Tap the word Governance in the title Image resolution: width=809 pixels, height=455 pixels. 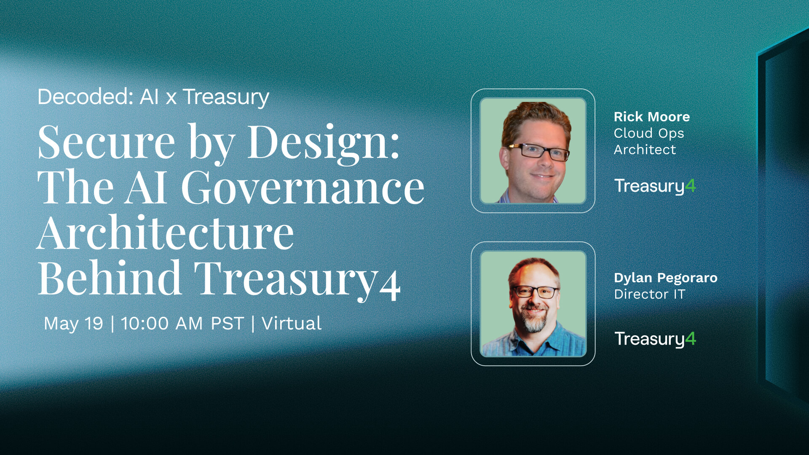[303, 188]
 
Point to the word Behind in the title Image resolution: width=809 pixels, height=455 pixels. [110, 279]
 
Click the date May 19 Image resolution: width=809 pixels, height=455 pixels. [73, 324]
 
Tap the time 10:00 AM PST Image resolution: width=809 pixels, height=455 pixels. [182, 324]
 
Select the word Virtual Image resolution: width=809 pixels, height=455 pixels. [292, 324]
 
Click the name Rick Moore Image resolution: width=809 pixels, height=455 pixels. [651, 117]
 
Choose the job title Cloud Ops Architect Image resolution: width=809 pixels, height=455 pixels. [648, 141]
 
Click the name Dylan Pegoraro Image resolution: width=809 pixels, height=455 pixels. [665, 278]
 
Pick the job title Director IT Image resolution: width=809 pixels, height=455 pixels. [649, 294]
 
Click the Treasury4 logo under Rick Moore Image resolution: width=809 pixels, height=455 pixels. [654, 186]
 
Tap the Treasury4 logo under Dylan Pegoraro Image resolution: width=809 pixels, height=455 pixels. [654, 339]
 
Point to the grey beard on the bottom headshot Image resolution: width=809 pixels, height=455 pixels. [534, 322]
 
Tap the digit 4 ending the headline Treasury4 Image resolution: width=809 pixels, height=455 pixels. [390, 286]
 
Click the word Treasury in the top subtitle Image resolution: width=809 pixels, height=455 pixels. [226, 97]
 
